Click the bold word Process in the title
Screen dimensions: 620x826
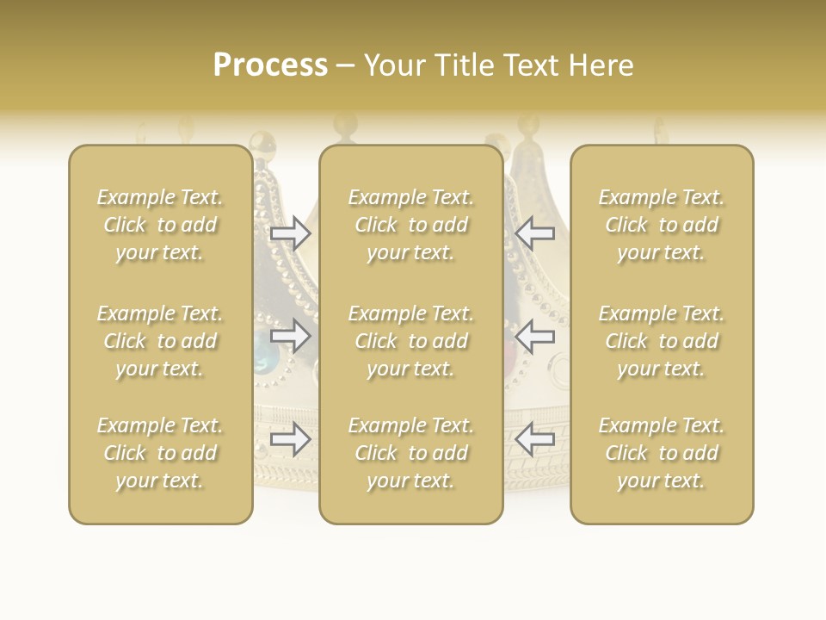click(270, 65)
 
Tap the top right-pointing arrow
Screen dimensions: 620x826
click(290, 233)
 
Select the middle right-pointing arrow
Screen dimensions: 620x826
click(290, 336)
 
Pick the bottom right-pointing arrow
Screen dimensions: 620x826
click(290, 440)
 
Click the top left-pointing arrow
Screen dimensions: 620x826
click(534, 233)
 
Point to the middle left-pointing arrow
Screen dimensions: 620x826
click(534, 336)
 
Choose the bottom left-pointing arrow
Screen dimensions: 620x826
click(534, 440)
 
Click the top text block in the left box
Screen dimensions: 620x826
click(160, 225)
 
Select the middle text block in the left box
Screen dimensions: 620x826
click(160, 341)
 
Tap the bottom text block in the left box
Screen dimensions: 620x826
click(160, 453)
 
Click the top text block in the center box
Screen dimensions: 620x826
click(410, 225)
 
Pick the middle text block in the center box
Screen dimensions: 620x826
click(410, 341)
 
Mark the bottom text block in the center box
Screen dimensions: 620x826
click(410, 453)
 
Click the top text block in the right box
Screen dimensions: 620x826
click(661, 225)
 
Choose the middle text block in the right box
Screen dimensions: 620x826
click(661, 341)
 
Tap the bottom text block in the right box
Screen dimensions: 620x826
click(661, 453)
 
